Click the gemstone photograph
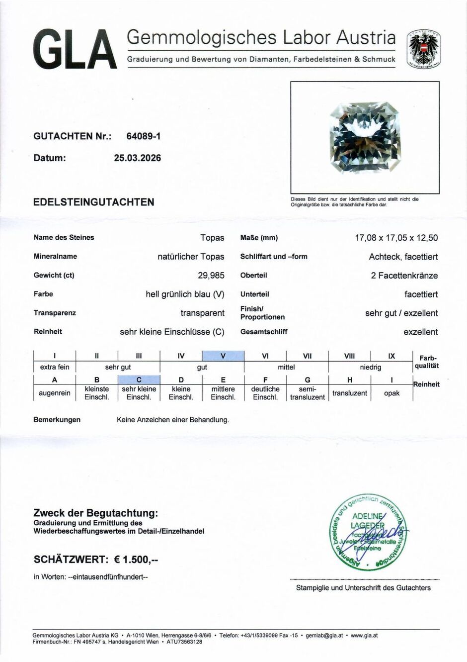[x=365, y=138]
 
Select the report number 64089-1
[x=144, y=136]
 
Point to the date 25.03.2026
[x=138, y=158]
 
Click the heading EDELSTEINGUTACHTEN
[x=94, y=202]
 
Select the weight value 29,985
[x=211, y=276]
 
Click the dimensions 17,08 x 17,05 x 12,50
[x=396, y=238]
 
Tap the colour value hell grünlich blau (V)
[x=185, y=294]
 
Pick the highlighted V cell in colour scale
[x=223, y=356]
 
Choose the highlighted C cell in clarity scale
[x=139, y=380]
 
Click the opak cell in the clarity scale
[x=391, y=393]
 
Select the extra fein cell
[x=55, y=367]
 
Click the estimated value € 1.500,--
[x=136, y=560]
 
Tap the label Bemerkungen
[x=57, y=420]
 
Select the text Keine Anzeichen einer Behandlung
[x=173, y=420]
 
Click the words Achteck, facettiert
[x=403, y=257]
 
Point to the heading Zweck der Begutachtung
[x=95, y=513]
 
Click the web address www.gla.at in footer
[x=364, y=635]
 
